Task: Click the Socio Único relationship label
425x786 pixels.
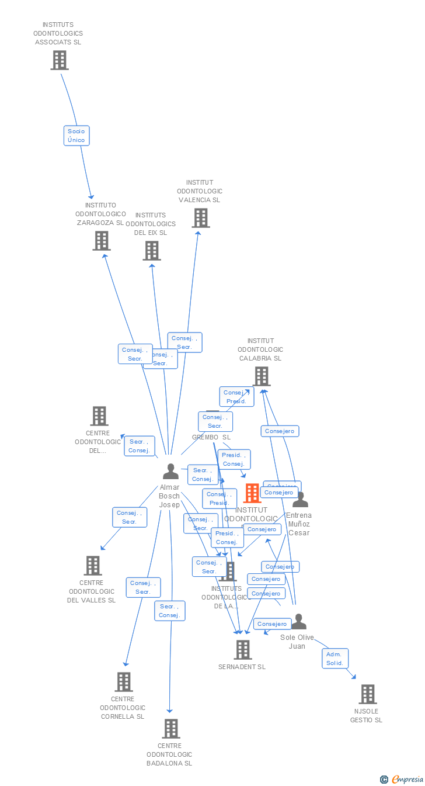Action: click(76, 136)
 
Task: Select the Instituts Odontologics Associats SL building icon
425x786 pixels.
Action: click(60, 60)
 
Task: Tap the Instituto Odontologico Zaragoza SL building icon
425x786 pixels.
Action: click(102, 240)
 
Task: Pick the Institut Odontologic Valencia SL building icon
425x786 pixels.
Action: click(201, 218)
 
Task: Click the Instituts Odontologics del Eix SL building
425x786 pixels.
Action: click(152, 251)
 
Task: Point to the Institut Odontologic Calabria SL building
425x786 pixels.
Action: click(262, 376)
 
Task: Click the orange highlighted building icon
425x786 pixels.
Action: click(252, 493)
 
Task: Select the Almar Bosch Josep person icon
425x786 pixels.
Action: click(170, 471)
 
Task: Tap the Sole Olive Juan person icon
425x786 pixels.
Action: click(299, 622)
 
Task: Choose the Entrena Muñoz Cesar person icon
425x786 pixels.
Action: click(300, 500)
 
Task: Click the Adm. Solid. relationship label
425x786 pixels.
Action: click(335, 659)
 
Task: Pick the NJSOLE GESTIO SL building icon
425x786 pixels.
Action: click(368, 694)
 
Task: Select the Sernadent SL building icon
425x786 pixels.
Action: click(243, 649)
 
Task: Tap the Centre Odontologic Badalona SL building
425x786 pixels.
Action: click(171, 729)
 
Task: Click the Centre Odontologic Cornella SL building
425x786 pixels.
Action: click(124, 682)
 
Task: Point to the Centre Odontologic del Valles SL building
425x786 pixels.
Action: click(93, 566)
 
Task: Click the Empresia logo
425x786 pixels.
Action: click(402, 780)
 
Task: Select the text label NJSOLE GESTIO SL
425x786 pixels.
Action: click(366, 716)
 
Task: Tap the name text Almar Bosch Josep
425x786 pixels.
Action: click(169, 496)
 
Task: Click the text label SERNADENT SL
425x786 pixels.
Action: click(242, 667)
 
